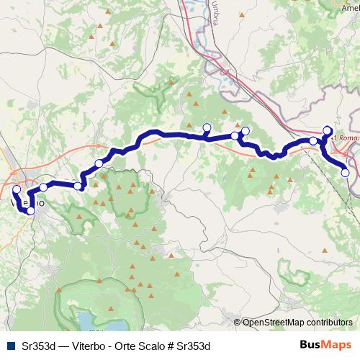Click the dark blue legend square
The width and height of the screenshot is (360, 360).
tap(10, 345)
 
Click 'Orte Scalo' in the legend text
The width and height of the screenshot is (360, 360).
tap(139, 345)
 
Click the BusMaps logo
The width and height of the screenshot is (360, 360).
tap(325, 345)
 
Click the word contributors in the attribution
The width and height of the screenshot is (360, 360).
tap(329, 322)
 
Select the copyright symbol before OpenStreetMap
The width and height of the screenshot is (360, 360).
tap(238, 322)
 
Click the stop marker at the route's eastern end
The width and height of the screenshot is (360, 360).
tap(345, 172)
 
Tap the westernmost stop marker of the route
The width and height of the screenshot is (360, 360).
tap(17, 189)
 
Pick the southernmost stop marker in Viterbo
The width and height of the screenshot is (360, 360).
tap(31, 211)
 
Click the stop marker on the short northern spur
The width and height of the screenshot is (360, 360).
tap(207, 127)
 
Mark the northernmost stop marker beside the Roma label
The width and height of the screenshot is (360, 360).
tap(328, 130)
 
